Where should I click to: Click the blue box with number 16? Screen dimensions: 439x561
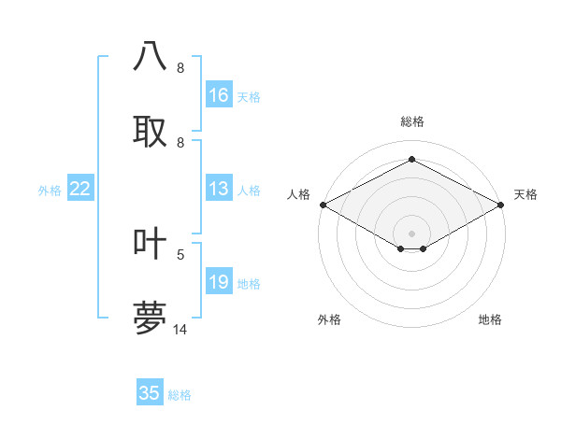pos(219,95)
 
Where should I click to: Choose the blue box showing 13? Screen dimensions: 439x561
pos(219,189)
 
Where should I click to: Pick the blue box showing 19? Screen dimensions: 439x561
pos(219,282)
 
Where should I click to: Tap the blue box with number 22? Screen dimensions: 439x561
pos(80,189)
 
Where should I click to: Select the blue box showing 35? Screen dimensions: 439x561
pos(150,393)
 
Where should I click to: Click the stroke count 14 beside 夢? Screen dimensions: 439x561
pos(180,329)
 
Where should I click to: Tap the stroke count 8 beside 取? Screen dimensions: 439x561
pos(180,143)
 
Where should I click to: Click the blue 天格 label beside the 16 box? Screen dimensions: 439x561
pos(249,96)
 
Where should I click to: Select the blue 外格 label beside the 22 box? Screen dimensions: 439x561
pos(50,190)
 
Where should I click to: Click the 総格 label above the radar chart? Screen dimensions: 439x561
pos(411,121)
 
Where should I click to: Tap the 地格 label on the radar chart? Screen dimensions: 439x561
pos(490,319)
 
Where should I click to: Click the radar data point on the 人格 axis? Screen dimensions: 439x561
pos(323,205)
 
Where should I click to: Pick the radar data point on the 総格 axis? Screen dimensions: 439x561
pos(411,159)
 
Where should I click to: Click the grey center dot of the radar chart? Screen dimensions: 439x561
pos(411,233)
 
